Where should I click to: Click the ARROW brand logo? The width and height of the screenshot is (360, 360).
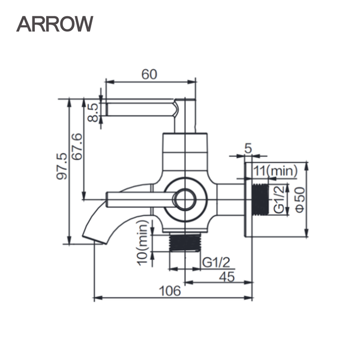(x=55, y=23)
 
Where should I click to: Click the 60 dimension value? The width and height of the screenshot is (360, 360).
(x=149, y=74)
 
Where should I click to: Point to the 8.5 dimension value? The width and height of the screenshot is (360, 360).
(x=93, y=112)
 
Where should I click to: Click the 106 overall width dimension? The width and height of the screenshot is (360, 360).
(x=171, y=291)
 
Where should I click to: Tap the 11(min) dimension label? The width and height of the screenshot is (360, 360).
(x=274, y=170)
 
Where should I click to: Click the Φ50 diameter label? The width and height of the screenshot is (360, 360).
(x=298, y=199)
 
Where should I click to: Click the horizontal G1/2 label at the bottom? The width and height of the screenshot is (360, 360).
(x=214, y=262)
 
